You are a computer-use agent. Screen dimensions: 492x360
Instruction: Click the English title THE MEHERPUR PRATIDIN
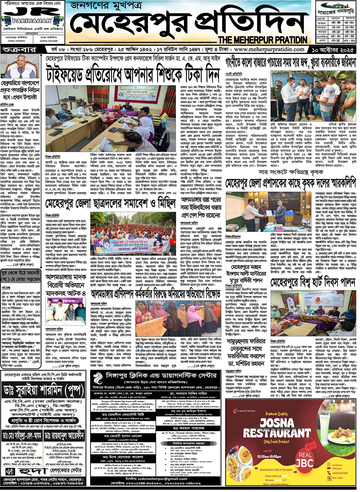pyautogui.click(x=263, y=40)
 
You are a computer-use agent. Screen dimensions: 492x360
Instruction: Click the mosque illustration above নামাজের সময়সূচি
pyautogui.click(x=336, y=6)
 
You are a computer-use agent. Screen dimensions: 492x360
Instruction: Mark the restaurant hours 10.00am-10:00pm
pyautogui.click(x=269, y=456)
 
